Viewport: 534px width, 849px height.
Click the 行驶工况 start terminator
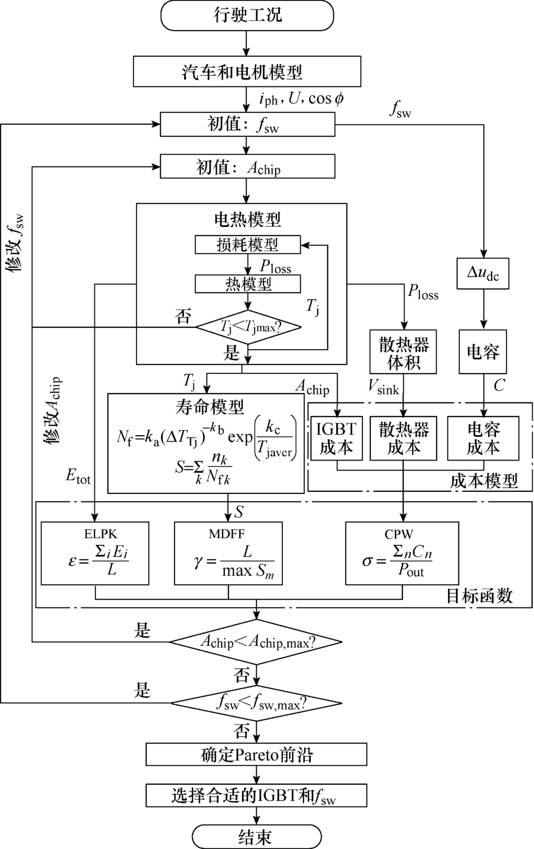coord(247,15)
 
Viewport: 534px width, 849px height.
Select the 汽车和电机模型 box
coord(247,72)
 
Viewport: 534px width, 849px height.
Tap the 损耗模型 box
coord(248,244)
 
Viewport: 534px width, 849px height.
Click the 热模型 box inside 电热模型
coord(248,284)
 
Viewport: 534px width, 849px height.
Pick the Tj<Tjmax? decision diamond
coord(248,327)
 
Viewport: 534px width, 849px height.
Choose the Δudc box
coord(483,273)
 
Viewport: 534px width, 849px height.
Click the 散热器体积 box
coord(403,352)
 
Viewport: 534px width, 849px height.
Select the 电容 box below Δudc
coord(483,352)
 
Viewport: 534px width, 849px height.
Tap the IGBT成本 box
coord(336,438)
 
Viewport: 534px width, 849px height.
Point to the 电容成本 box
coord(483,438)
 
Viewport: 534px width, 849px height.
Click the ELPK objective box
coord(95,553)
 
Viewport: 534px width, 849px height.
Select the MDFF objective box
coord(228,553)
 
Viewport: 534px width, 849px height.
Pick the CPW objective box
coord(402,553)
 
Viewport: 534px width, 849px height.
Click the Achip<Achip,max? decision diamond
coord(256,642)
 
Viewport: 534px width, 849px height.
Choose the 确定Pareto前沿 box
coord(256,755)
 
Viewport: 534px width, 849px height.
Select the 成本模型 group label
coord(484,481)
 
